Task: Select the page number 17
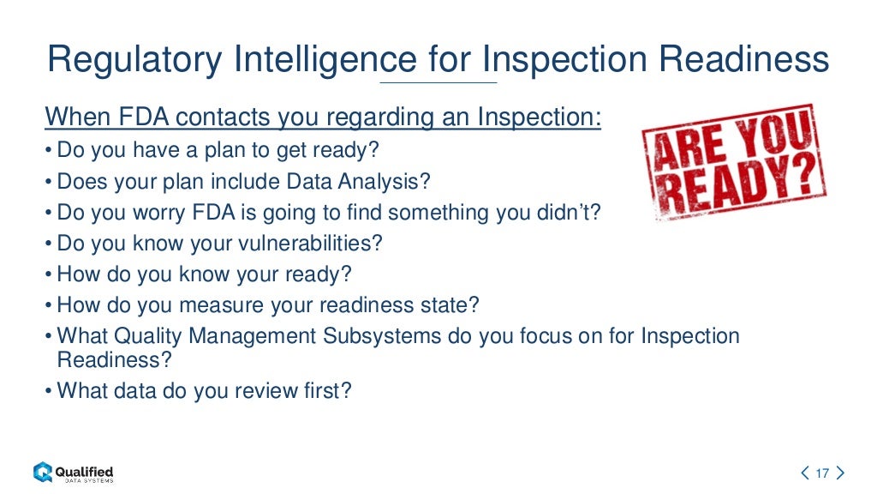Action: [823, 473]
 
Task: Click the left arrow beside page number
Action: [805, 473]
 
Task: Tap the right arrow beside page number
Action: [840, 473]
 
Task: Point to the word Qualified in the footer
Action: [84, 471]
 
